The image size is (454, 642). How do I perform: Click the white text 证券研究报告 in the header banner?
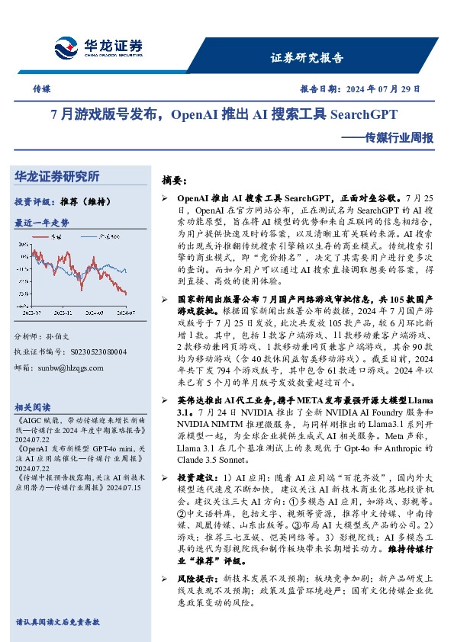[307, 58]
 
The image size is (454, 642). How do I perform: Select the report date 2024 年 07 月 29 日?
[392, 89]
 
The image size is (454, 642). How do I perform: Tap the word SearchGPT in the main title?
[363, 116]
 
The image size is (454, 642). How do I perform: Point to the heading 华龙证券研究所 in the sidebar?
[57, 176]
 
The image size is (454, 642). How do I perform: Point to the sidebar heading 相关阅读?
[33, 407]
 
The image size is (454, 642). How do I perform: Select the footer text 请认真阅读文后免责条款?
[58, 622]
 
